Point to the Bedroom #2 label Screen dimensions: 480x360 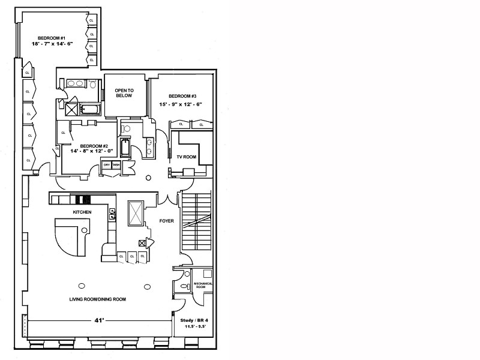(x=94, y=146)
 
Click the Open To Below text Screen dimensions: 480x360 (x=124, y=92)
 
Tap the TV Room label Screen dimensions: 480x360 (x=186, y=157)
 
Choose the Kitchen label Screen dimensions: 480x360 (x=82, y=212)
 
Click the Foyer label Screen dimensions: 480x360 (x=166, y=221)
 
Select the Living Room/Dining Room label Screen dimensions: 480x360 (x=98, y=299)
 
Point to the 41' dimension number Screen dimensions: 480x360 (x=99, y=321)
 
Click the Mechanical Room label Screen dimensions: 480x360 (x=203, y=286)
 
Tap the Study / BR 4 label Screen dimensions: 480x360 (x=196, y=320)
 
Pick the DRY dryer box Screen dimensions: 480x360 (x=107, y=164)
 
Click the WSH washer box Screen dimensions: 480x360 (x=116, y=164)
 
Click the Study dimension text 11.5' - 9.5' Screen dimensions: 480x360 (x=196, y=328)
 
